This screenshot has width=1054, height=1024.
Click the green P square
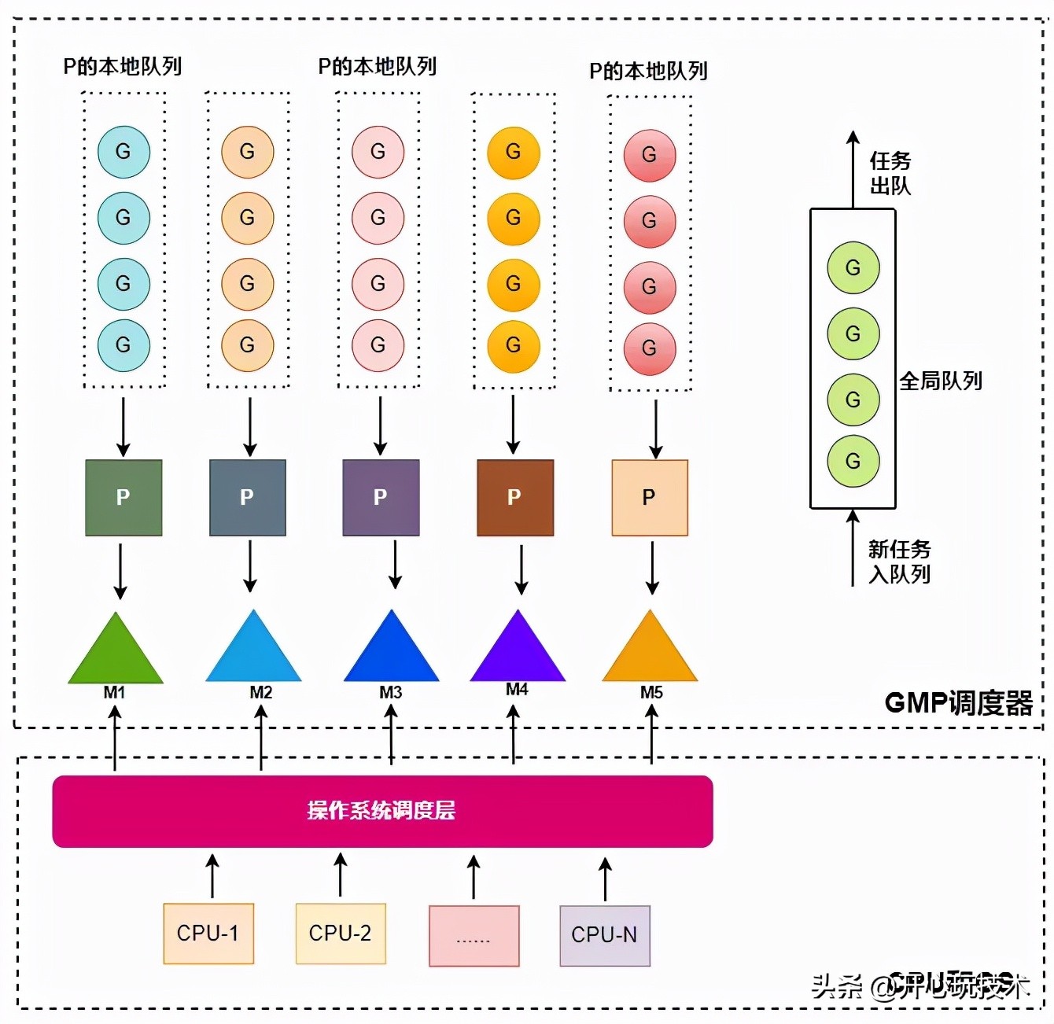point(123,498)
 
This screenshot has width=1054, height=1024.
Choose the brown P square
point(515,498)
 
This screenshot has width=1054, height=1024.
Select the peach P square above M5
point(650,498)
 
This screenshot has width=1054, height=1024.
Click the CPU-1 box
point(208,934)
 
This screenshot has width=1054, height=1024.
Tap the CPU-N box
point(605,935)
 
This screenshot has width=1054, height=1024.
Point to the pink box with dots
point(474,936)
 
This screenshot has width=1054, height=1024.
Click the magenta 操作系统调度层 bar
point(382,811)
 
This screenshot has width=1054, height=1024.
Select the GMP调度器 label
point(958,702)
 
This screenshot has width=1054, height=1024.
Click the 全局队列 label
point(941,381)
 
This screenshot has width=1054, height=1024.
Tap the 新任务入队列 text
point(899,562)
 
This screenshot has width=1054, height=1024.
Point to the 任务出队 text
point(890,173)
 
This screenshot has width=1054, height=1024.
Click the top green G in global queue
point(853,268)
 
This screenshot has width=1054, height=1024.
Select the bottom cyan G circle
point(123,345)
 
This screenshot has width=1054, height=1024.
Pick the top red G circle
point(650,155)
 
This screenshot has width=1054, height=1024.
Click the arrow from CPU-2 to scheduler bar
point(341,875)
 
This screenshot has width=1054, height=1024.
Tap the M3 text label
point(391,692)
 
